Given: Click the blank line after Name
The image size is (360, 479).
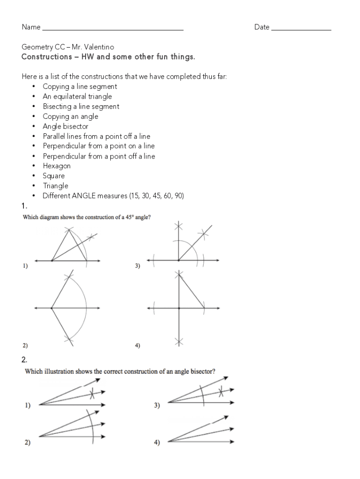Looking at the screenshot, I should pos(112,29).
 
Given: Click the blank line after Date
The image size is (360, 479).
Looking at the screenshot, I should pos(301,29).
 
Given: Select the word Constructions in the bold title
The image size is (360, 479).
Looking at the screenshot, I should pos(44,57).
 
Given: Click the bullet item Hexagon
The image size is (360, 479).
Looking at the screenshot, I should pos(57,166).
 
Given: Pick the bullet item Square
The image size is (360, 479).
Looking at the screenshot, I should pos(54,176).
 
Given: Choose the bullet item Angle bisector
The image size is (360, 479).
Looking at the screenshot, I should pos(65,126).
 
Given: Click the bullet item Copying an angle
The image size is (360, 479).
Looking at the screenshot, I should pos(71,116).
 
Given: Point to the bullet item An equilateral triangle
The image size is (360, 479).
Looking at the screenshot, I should pos(77,96).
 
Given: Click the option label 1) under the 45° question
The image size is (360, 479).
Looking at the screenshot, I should pos(25,266).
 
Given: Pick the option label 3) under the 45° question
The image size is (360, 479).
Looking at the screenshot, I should pos(137,266).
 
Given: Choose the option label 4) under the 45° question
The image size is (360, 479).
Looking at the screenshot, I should pos(137,346).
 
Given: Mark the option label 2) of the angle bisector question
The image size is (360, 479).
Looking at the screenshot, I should pos(28,443).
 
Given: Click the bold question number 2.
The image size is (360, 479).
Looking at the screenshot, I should pos(24,360).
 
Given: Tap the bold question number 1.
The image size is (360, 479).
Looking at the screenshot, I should pos(24,206).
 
